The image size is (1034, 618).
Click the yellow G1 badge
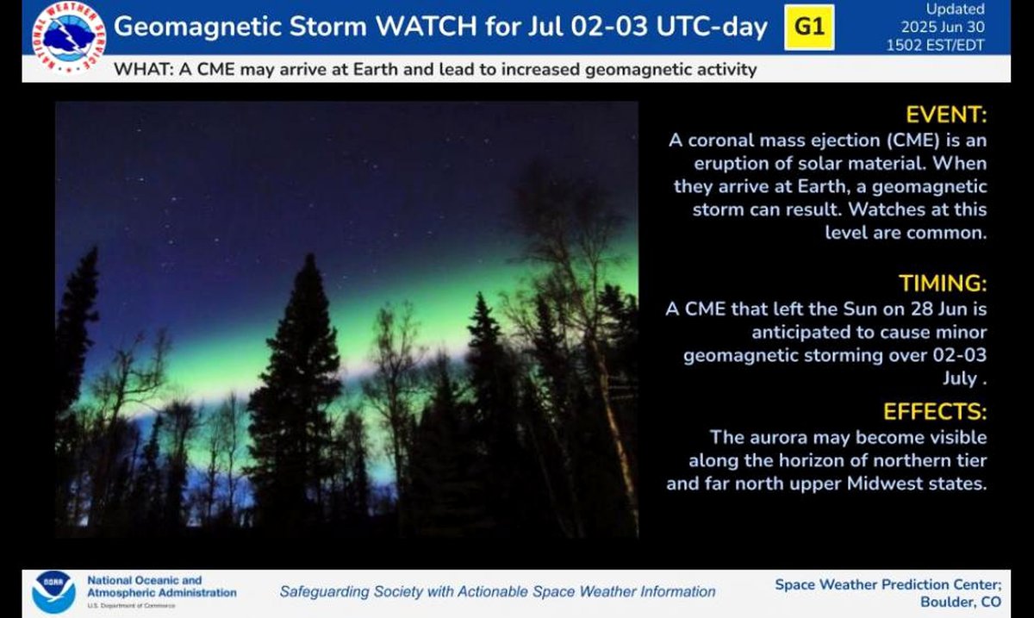tap(809, 27)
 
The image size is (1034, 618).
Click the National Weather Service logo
tap(69, 38)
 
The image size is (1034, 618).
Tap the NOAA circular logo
tap(53, 593)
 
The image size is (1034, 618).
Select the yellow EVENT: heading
tap(946, 115)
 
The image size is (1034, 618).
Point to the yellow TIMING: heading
tap(942, 283)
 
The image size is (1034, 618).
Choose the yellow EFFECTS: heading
tap(935, 411)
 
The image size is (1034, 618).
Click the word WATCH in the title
tap(427, 27)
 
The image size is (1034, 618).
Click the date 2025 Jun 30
tap(943, 27)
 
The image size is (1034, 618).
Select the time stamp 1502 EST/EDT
tap(935, 46)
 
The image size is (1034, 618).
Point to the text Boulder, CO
tap(961, 602)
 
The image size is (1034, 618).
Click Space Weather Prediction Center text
tap(888, 584)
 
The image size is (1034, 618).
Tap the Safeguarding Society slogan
tap(498, 591)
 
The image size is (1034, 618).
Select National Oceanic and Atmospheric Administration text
tap(162, 586)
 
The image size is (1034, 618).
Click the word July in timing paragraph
tap(960, 378)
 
